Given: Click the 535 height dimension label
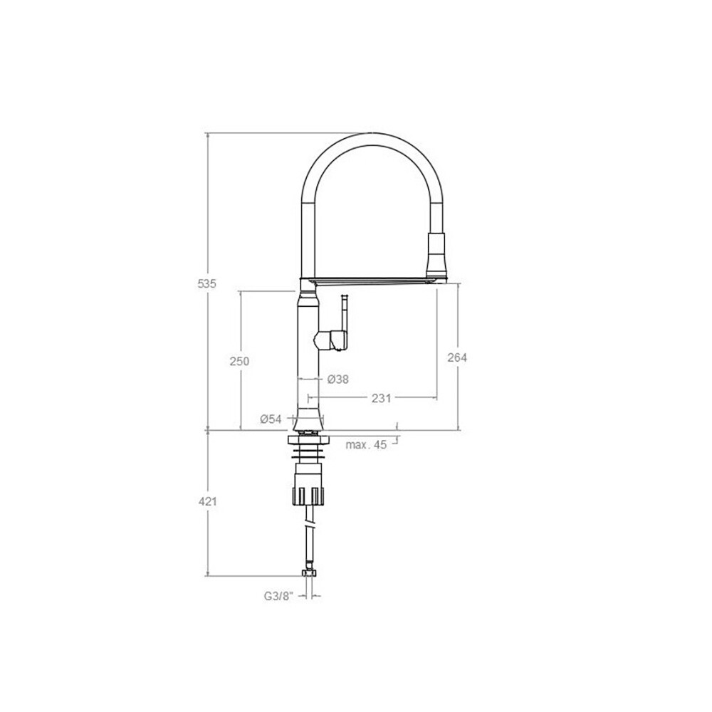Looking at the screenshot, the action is coord(207,284).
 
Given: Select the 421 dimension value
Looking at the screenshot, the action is coord(207,502).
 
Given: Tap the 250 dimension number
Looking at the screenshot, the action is coord(239,362).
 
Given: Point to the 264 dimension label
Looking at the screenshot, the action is coord(457,358).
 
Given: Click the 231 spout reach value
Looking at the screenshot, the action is coord(382,398).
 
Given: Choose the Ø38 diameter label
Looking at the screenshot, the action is coord(338,379).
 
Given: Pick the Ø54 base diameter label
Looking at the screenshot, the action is coord(271,419).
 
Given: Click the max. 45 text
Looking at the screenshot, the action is coord(367,444).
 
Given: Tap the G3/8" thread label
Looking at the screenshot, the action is coord(279,596).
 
